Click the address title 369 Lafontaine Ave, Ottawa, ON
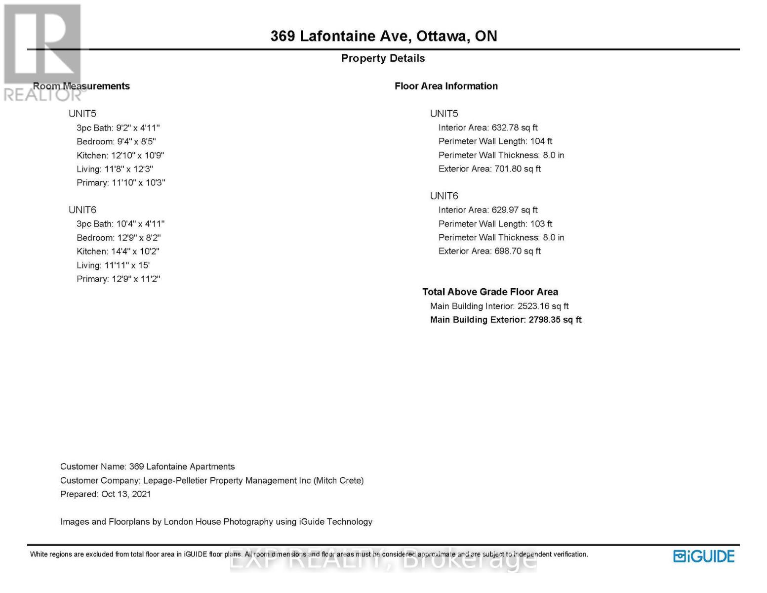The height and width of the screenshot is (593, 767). [x=383, y=36]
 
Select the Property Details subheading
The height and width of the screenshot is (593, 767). [x=383, y=58]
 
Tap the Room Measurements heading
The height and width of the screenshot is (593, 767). [x=81, y=86]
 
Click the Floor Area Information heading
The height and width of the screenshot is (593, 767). [x=446, y=86]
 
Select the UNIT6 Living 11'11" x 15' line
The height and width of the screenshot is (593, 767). [x=113, y=265]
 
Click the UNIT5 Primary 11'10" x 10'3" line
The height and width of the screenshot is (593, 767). [x=121, y=183]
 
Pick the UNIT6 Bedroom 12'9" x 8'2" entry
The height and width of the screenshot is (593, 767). [x=119, y=238]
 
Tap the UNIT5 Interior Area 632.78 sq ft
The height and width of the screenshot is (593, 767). [x=487, y=127]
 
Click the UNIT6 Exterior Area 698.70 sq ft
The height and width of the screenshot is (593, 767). [x=489, y=251]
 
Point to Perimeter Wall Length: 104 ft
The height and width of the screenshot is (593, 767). [x=495, y=141]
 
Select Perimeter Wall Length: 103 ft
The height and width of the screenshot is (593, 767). [x=495, y=224]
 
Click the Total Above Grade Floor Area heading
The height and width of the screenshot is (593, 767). [x=490, y=292]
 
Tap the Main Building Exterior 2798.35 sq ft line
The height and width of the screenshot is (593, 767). [x=506, y=320]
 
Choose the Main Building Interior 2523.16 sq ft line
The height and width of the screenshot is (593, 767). [x=499, y=306]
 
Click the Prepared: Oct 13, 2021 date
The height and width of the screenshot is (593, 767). [x=105, y=494]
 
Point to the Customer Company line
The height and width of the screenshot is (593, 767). [x=211, y=480]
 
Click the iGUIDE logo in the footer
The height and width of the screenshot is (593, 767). [x=704, y=556]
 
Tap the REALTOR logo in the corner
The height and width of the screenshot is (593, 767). [x=42, y=52]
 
